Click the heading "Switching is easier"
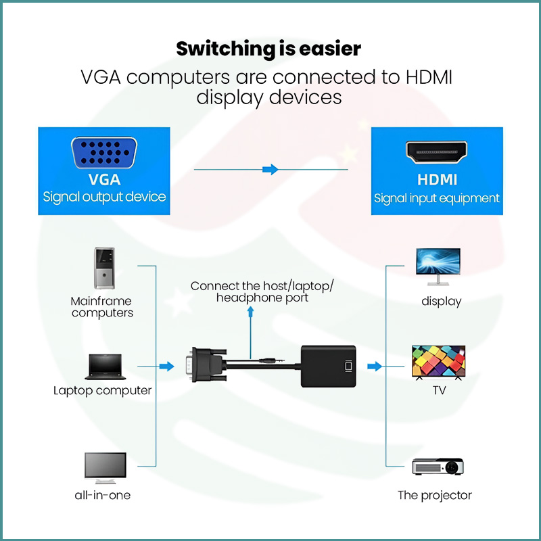[x=268, y=49]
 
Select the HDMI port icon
[x=436, y=154]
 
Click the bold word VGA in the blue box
[x=104, y=180]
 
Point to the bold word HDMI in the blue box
[x=437, y=180]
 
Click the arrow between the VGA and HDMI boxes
[x=270, y=169]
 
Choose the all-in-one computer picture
[x=104, y=467]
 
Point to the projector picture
[x=438, y=467]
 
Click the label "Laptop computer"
[x=103, y=390]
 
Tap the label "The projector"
[x=435, y=495]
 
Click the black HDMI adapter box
[x=328, y=366]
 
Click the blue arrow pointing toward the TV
[x=374, y=366]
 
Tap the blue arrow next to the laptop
[x=166, y=366]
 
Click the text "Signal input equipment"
[x=437, y=198]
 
